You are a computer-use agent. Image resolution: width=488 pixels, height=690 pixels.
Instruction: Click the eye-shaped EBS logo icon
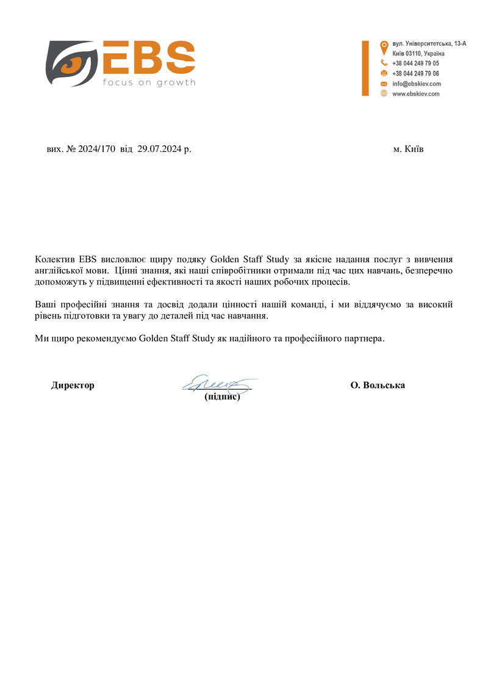pos(71,63)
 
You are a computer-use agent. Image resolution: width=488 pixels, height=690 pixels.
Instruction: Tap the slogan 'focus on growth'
pos(148,82)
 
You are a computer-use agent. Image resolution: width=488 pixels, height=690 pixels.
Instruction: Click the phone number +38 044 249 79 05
pos(415,63)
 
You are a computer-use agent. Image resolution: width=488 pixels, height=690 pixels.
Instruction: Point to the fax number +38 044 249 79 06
pos(415,73)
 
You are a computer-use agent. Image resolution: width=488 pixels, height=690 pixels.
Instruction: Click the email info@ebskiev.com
pos(416,84)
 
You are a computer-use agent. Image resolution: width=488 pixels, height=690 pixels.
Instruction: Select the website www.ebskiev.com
pos(416,94)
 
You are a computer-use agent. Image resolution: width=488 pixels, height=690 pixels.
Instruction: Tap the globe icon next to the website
pos(384,93)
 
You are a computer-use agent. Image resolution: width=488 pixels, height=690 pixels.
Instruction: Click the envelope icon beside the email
pos(384,84)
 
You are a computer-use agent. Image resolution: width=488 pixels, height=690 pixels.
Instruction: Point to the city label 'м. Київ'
pos(409,149)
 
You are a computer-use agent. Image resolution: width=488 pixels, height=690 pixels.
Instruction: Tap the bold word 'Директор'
pos(73,386)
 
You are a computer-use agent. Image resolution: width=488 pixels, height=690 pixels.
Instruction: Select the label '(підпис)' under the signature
pos(222,397)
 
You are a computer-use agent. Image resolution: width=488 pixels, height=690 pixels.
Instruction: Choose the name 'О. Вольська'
pos(378,386)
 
